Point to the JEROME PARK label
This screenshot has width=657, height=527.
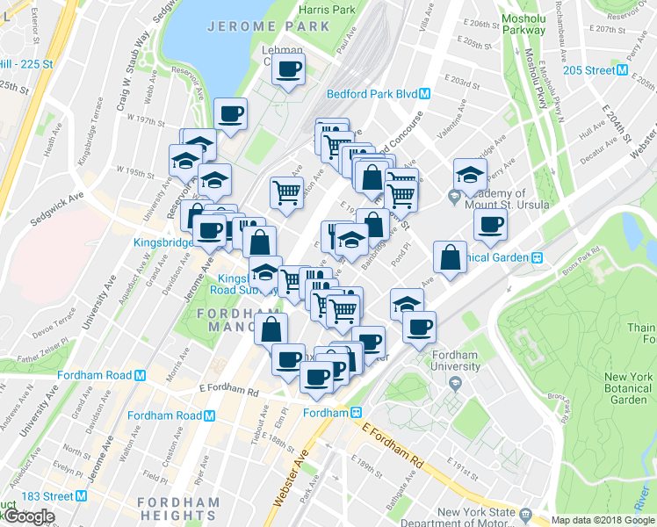(269, 26)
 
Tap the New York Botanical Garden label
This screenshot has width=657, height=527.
(628, 388)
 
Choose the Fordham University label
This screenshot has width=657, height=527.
(455, 361)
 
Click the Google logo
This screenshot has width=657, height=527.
(29, 516)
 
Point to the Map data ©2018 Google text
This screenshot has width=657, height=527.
(596, 520)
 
